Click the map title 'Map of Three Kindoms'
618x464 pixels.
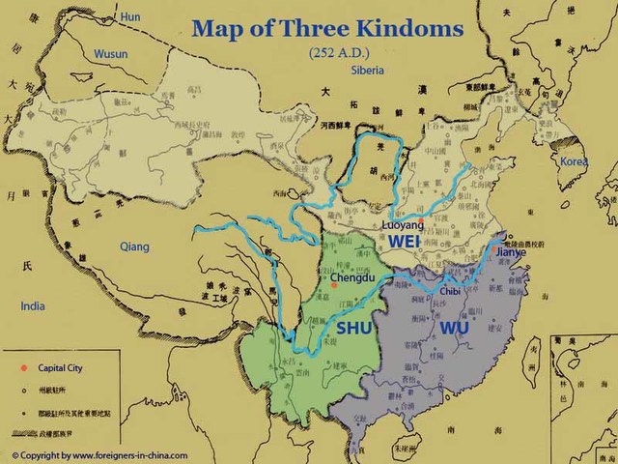tap(310, 27)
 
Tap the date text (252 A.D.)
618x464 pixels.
tap(311, 50)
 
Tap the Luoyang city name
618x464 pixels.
tap(404, 223)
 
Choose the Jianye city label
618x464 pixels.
tap(511, 252)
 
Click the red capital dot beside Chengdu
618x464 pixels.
tap(333, 284)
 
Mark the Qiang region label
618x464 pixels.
tap(134, 246)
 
